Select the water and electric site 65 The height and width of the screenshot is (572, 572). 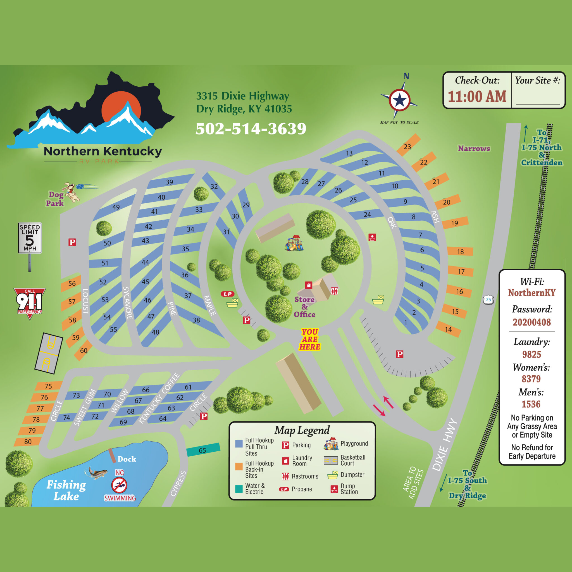coord(203,450)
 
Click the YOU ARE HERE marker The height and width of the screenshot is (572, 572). coord(310,339)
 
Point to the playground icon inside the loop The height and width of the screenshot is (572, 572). coord(294,243)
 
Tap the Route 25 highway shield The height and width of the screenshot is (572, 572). coord(488,300)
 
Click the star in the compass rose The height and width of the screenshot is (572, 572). coord(400,100)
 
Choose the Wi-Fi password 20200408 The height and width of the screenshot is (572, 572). coord(532,322)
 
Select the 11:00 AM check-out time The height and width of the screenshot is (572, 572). coord(477,97)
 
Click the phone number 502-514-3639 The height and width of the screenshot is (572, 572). coord(251,129)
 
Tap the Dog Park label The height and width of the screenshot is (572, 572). coord(55,199)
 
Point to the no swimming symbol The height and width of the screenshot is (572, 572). coord(119,485)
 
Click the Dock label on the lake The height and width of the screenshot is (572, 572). coord(127,459)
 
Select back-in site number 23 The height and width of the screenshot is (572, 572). coord(408,146)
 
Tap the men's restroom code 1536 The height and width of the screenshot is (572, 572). coord(531,404)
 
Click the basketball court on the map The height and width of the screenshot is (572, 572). coord(49,353)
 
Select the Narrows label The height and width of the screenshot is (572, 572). coord(474,148)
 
